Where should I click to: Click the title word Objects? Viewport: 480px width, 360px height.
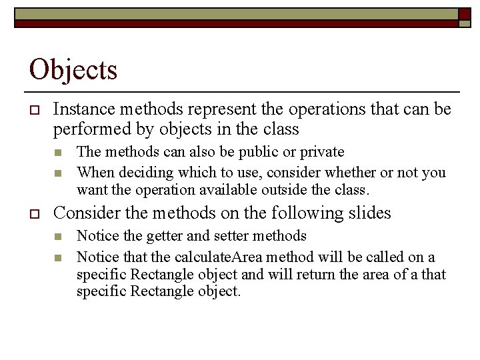tap(73, 69)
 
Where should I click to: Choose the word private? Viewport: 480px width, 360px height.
tap(322, 152)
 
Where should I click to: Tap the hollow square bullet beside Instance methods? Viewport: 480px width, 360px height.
tap(34, 109)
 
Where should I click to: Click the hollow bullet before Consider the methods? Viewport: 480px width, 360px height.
tap(34, 214)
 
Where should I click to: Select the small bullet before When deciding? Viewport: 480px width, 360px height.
tap(59, 173)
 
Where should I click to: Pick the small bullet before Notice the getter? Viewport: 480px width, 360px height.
tap(59, 237)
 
